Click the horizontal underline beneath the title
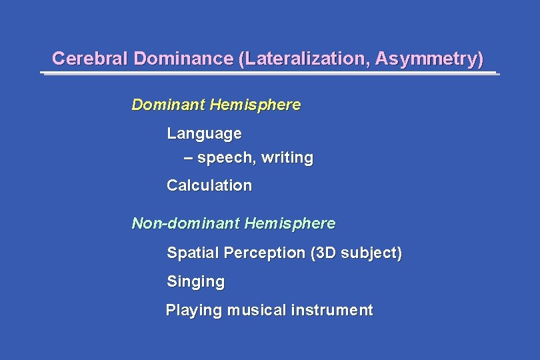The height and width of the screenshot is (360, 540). tap(270, 73)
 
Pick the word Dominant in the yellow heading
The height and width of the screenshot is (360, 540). tap(168, 105)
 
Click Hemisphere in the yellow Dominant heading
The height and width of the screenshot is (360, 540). tap(255, 105)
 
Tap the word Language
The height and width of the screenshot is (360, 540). tap(204, 133)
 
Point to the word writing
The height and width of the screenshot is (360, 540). tap(287, 158)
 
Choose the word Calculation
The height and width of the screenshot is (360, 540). tap(209, 185)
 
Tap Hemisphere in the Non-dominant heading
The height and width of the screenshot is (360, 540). tap(290, 223)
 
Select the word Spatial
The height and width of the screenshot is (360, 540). tap(193, 253)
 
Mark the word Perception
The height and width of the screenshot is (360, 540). tap(265, 253)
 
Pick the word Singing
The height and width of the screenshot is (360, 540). tap(195, 282)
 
